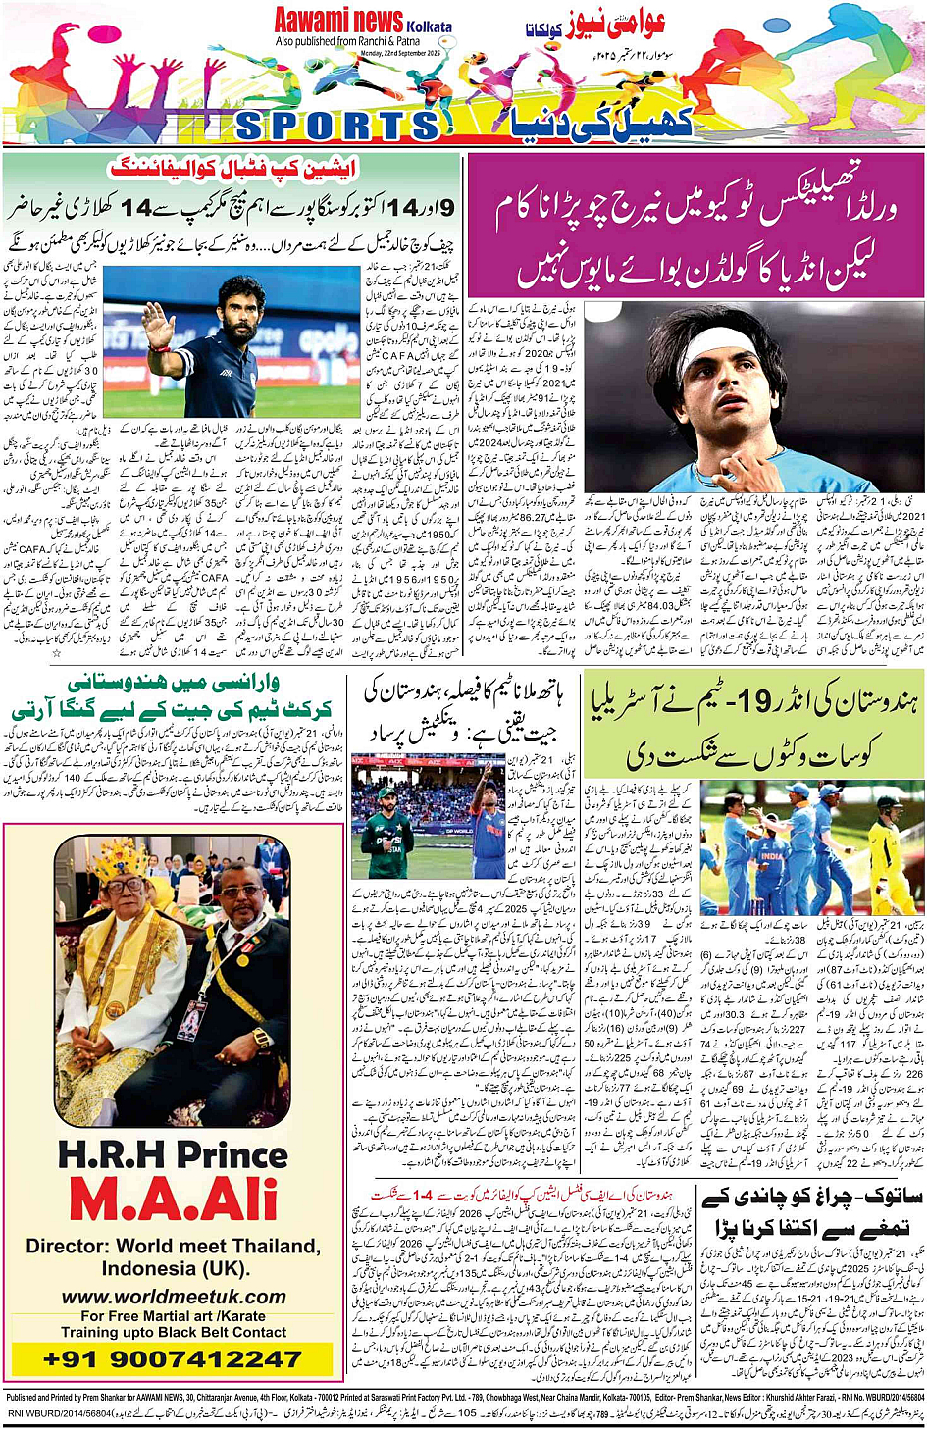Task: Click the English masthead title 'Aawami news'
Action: (338, 20)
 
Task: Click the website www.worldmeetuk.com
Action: (173, 1297)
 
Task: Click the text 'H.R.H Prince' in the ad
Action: (173, 1155)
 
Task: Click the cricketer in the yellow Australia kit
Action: (888, 853)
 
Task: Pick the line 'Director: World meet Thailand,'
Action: (173, 1247)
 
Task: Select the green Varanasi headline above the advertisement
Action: (173, 696)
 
